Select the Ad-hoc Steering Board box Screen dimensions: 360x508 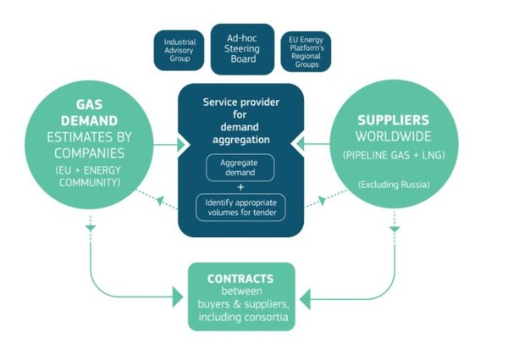[242, 47]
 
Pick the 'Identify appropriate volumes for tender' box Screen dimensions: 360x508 [242, 207]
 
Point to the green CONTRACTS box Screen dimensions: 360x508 [241, 296]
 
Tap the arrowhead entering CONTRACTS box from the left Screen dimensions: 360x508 [179, 297]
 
